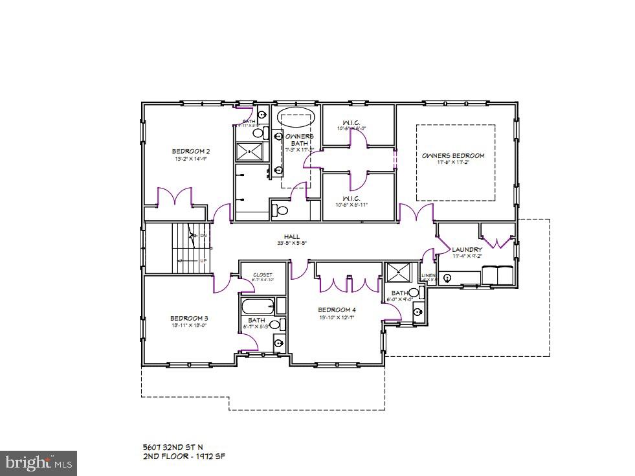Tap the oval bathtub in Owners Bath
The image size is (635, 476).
point(297,119)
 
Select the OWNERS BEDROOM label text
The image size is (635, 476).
point(453,155)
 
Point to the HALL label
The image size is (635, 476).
point(291,236)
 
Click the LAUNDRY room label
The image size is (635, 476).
point(467,249)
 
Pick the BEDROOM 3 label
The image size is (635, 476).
point(189,318)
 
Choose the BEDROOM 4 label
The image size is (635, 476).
point(337,310)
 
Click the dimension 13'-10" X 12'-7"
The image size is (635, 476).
point(337,317)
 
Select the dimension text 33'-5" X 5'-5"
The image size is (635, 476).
point(291,244)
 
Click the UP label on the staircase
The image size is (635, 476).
point(203,260)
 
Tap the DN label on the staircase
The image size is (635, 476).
point(203,235)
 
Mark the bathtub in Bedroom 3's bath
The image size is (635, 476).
point(258,305)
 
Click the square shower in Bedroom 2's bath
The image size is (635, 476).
point(249,152)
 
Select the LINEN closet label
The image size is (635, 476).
point(428,276)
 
